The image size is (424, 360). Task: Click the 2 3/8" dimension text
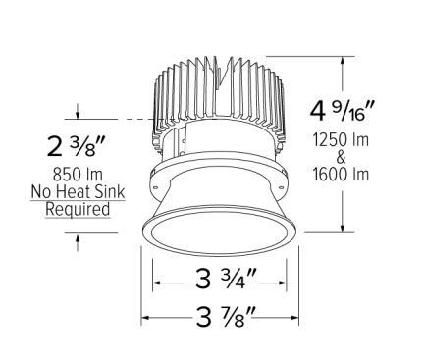[x=75, y=147]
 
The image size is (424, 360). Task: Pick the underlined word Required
[x=76, y=209]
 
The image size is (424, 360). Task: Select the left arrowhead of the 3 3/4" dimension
[x=154, y=278]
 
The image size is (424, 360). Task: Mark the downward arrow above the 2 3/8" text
[x=75, y=114]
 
